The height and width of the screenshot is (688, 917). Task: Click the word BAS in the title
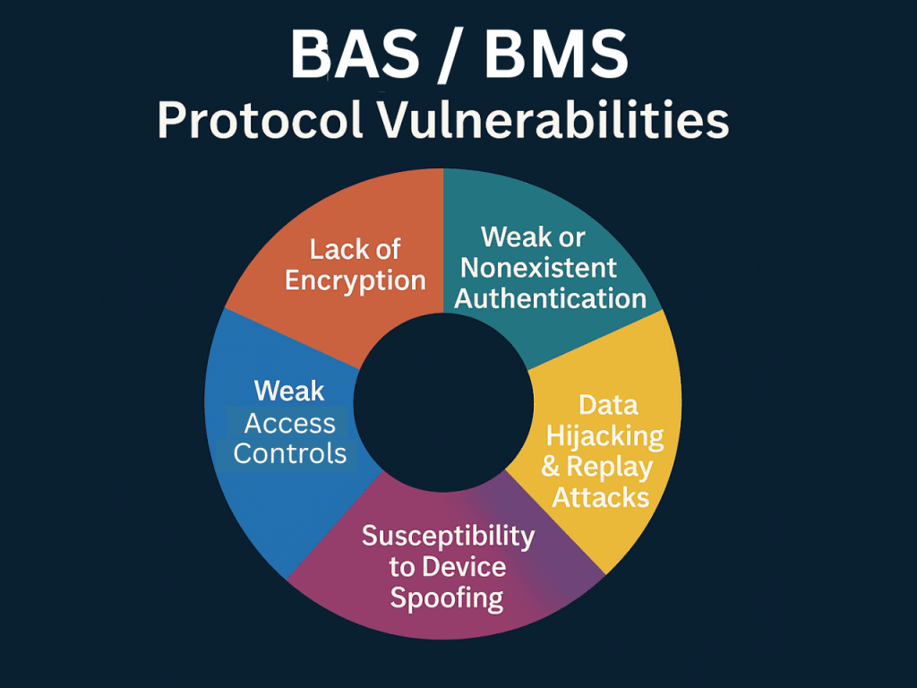coord(356,56)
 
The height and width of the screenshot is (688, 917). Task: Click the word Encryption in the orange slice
coord(356,279)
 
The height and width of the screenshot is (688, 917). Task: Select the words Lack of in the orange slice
coord(356,249)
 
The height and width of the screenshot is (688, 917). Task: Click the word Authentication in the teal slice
coord(551,297)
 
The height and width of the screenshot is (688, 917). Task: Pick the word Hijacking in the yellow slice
coord(605,436)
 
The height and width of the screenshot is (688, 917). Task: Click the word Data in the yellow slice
coord(608,405)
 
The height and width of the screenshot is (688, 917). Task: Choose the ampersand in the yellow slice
coord(551,467)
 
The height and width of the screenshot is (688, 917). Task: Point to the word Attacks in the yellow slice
coord(600,496)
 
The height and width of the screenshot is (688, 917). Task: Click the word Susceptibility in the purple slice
coord(448,536)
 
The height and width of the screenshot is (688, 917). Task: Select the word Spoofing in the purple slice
coord(447,598)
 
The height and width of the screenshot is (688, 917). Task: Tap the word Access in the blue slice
coord(290,423)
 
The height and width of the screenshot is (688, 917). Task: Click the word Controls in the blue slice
coord(290,453)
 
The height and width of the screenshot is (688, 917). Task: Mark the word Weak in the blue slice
coord(289,391)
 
